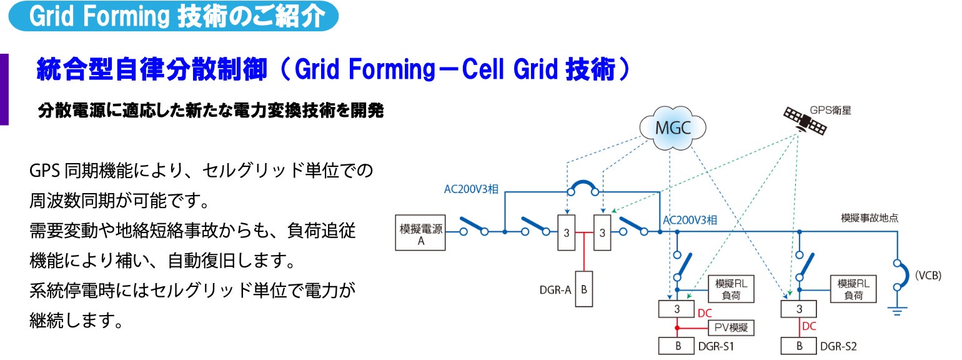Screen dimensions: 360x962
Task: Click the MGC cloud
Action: pos(672,128)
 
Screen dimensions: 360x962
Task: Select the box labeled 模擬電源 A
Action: pos(420,233)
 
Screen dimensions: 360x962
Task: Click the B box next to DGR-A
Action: pos(583,289)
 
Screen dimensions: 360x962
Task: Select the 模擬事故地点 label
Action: pos(870,218)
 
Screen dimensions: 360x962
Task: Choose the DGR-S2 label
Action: pos(838,346)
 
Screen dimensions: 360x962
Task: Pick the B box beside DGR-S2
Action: pos(800,346)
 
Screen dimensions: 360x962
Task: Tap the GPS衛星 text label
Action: pos(830,110)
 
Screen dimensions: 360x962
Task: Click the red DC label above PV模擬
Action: pos(704,312)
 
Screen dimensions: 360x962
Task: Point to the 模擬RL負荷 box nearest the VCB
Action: pos(853,289)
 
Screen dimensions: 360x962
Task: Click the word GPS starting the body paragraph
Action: pos(44,171)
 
